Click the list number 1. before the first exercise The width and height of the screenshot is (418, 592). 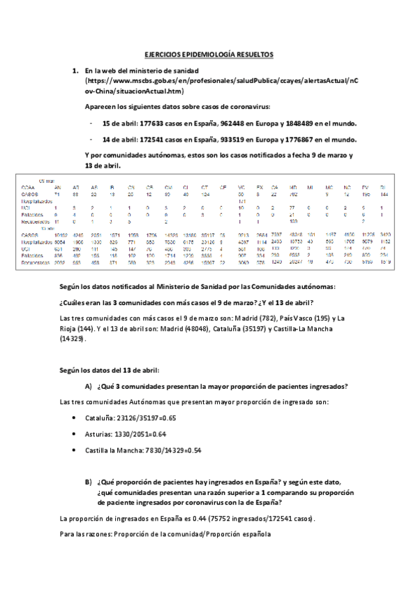coord(75,71)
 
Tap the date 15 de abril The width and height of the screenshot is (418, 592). coord(119,123)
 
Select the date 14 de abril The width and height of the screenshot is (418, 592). coord(119,138)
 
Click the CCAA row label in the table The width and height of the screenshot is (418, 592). coord(28,187)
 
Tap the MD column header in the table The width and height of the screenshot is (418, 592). coord(292,187)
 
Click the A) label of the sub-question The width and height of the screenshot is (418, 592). coord(88,387)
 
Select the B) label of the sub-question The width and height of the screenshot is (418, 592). coord(88,482)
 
